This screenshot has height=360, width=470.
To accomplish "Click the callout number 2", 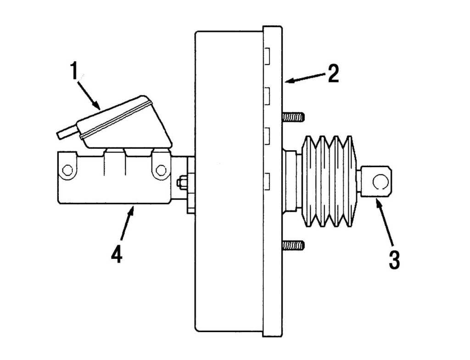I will (x=333, y=74).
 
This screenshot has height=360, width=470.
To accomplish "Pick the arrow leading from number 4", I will (x=127, y=225).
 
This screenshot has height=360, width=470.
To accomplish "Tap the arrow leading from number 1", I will (x=90, y=94).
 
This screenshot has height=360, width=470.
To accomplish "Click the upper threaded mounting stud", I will (x=293, y=117).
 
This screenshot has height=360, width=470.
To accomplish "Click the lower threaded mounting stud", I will (x=293, y=245).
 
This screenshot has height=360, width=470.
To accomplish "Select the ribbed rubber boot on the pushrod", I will (x=328, y=180).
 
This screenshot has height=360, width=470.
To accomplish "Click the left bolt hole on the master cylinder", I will (x=67, y=171).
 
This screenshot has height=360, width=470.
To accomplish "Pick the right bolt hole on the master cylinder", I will (x=161, y=170).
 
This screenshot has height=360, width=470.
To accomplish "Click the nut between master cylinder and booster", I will (x=182, y=182).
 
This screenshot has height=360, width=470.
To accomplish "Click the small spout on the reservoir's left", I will (x=67, y=132).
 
